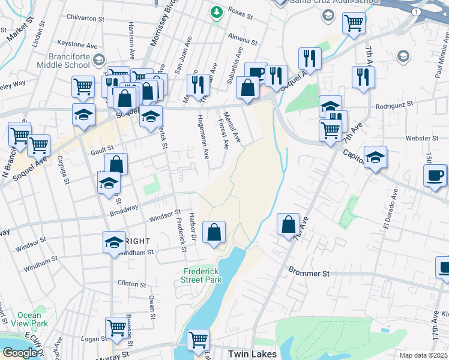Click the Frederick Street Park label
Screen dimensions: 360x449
pos(202,275)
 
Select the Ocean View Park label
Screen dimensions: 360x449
pos(29,319)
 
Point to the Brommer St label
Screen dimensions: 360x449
pos(309,273)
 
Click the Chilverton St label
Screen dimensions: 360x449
pos(86,19)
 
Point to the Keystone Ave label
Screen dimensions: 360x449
pos(77,44)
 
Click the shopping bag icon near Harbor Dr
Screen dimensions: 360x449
pos(214,232)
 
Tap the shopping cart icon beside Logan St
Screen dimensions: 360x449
pos(116,328)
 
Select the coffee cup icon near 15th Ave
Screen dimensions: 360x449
pos(435,175)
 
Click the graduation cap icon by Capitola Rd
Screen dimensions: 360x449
pos(375,157)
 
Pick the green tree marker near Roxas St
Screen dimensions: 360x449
pos(216,11)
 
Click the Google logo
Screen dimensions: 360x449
pos(20,353)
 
